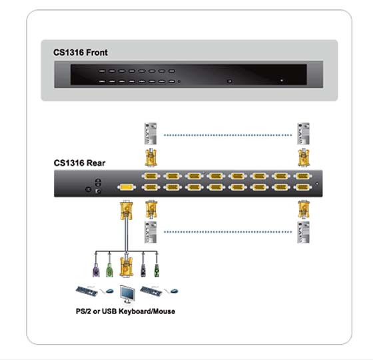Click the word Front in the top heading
(x=97, y=53)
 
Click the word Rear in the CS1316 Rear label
(x=96, y=163)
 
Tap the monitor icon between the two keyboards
(x=127, y=294)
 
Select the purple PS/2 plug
(x=96, y=270)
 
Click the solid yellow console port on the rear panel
(x=127, y=187)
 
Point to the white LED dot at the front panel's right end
(x=282, y=81)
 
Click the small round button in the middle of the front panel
(x=230, y=81)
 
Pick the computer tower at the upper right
(x=303, y=133)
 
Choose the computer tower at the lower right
(x=303, y=233)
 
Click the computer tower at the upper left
(x=151, y=133)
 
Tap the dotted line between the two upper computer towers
(x=228, y=135)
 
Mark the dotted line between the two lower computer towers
(x=228, y=232)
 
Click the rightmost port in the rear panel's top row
(x=302, y=176)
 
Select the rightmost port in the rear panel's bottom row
(x=302, y=187)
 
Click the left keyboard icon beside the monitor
(x=87, y=291)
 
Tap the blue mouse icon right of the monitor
(x=174, y=291)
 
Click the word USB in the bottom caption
(x=109, y=311)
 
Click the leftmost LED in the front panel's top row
(x=102, y=71)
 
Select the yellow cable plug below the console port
(x=127, y=210)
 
